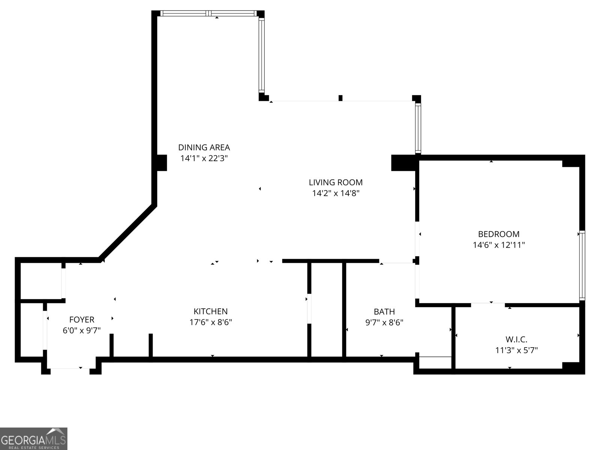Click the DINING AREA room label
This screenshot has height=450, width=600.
204,147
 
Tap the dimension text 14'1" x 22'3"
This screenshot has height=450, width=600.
204,158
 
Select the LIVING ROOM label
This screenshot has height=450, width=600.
336,182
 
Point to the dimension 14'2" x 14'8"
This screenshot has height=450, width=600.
336,193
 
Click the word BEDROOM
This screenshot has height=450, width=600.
498,234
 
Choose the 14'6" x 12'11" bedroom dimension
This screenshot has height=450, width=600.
498,245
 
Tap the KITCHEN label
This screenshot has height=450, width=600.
210,311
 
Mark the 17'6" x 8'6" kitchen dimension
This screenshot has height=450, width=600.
210,322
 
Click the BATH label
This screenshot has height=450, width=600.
384,312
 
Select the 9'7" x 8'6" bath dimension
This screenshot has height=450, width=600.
384,322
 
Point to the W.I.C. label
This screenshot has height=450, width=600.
516,339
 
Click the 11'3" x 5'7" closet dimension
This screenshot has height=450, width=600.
516,350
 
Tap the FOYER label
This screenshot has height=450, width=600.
82,319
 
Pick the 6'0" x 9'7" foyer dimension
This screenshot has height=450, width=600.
82,330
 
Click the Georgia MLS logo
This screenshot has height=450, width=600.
33,438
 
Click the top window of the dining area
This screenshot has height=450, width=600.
208,13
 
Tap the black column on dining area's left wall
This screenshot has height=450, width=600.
161,163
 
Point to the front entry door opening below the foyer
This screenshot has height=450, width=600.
70,369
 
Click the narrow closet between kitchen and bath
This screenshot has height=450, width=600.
326,309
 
